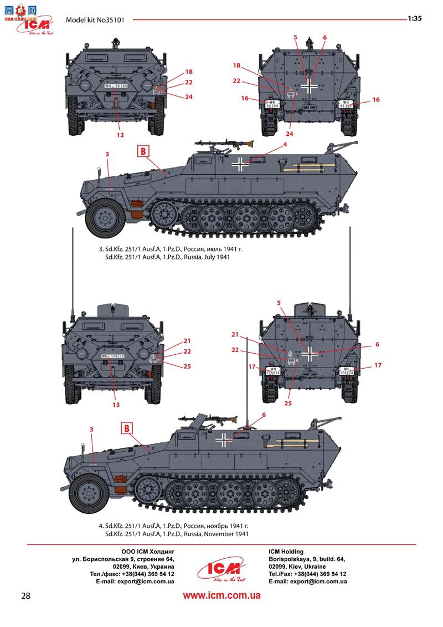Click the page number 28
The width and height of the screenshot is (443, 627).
pos(25,596)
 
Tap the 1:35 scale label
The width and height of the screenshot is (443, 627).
pos(415,18)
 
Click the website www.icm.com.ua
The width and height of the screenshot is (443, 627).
pos(221,596)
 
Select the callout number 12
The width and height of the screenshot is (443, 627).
pos(120,134)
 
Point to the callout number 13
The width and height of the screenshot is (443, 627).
pos(116,405)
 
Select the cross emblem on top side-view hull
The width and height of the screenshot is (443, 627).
pos(240,163)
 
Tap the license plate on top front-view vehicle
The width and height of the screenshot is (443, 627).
pos(116,86)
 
